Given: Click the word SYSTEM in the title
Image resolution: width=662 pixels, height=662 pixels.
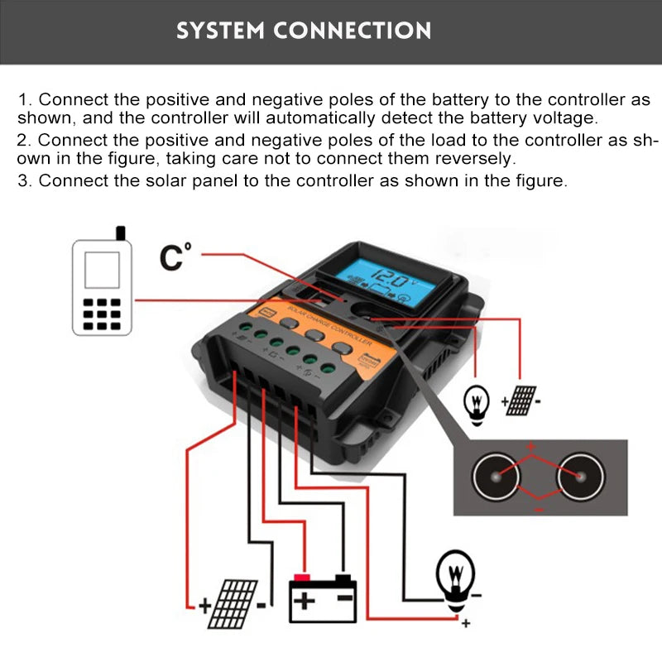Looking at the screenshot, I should (x=221, y=31).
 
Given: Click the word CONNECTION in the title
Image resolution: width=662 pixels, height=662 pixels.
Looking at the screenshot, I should (x=353, y=31).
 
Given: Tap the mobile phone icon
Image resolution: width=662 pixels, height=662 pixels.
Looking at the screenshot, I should (x=103, y=286).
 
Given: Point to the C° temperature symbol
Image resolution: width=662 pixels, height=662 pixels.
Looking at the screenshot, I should (x=175, y=257).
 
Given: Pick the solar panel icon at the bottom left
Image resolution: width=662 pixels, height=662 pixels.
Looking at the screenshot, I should (x=234, y=602).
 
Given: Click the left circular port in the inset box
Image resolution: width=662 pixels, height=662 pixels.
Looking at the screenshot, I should (x=496, y=477).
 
